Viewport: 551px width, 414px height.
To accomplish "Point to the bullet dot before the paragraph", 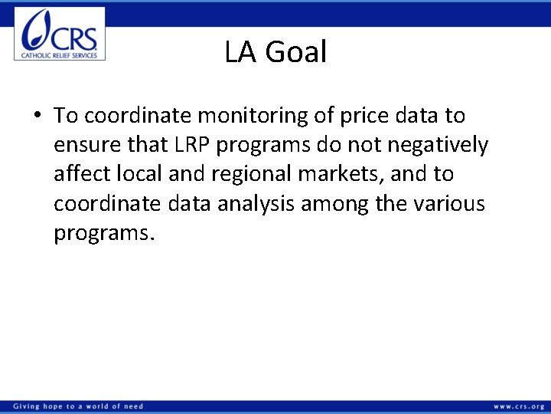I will pos(37,117).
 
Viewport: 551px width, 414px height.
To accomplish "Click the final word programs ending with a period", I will pos(104,232).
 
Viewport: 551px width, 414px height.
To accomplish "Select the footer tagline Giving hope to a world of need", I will pos(78,406).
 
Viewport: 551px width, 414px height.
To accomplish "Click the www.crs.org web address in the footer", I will pos(519,406).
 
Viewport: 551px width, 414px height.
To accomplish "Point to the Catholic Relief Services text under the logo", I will pos(60,55).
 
